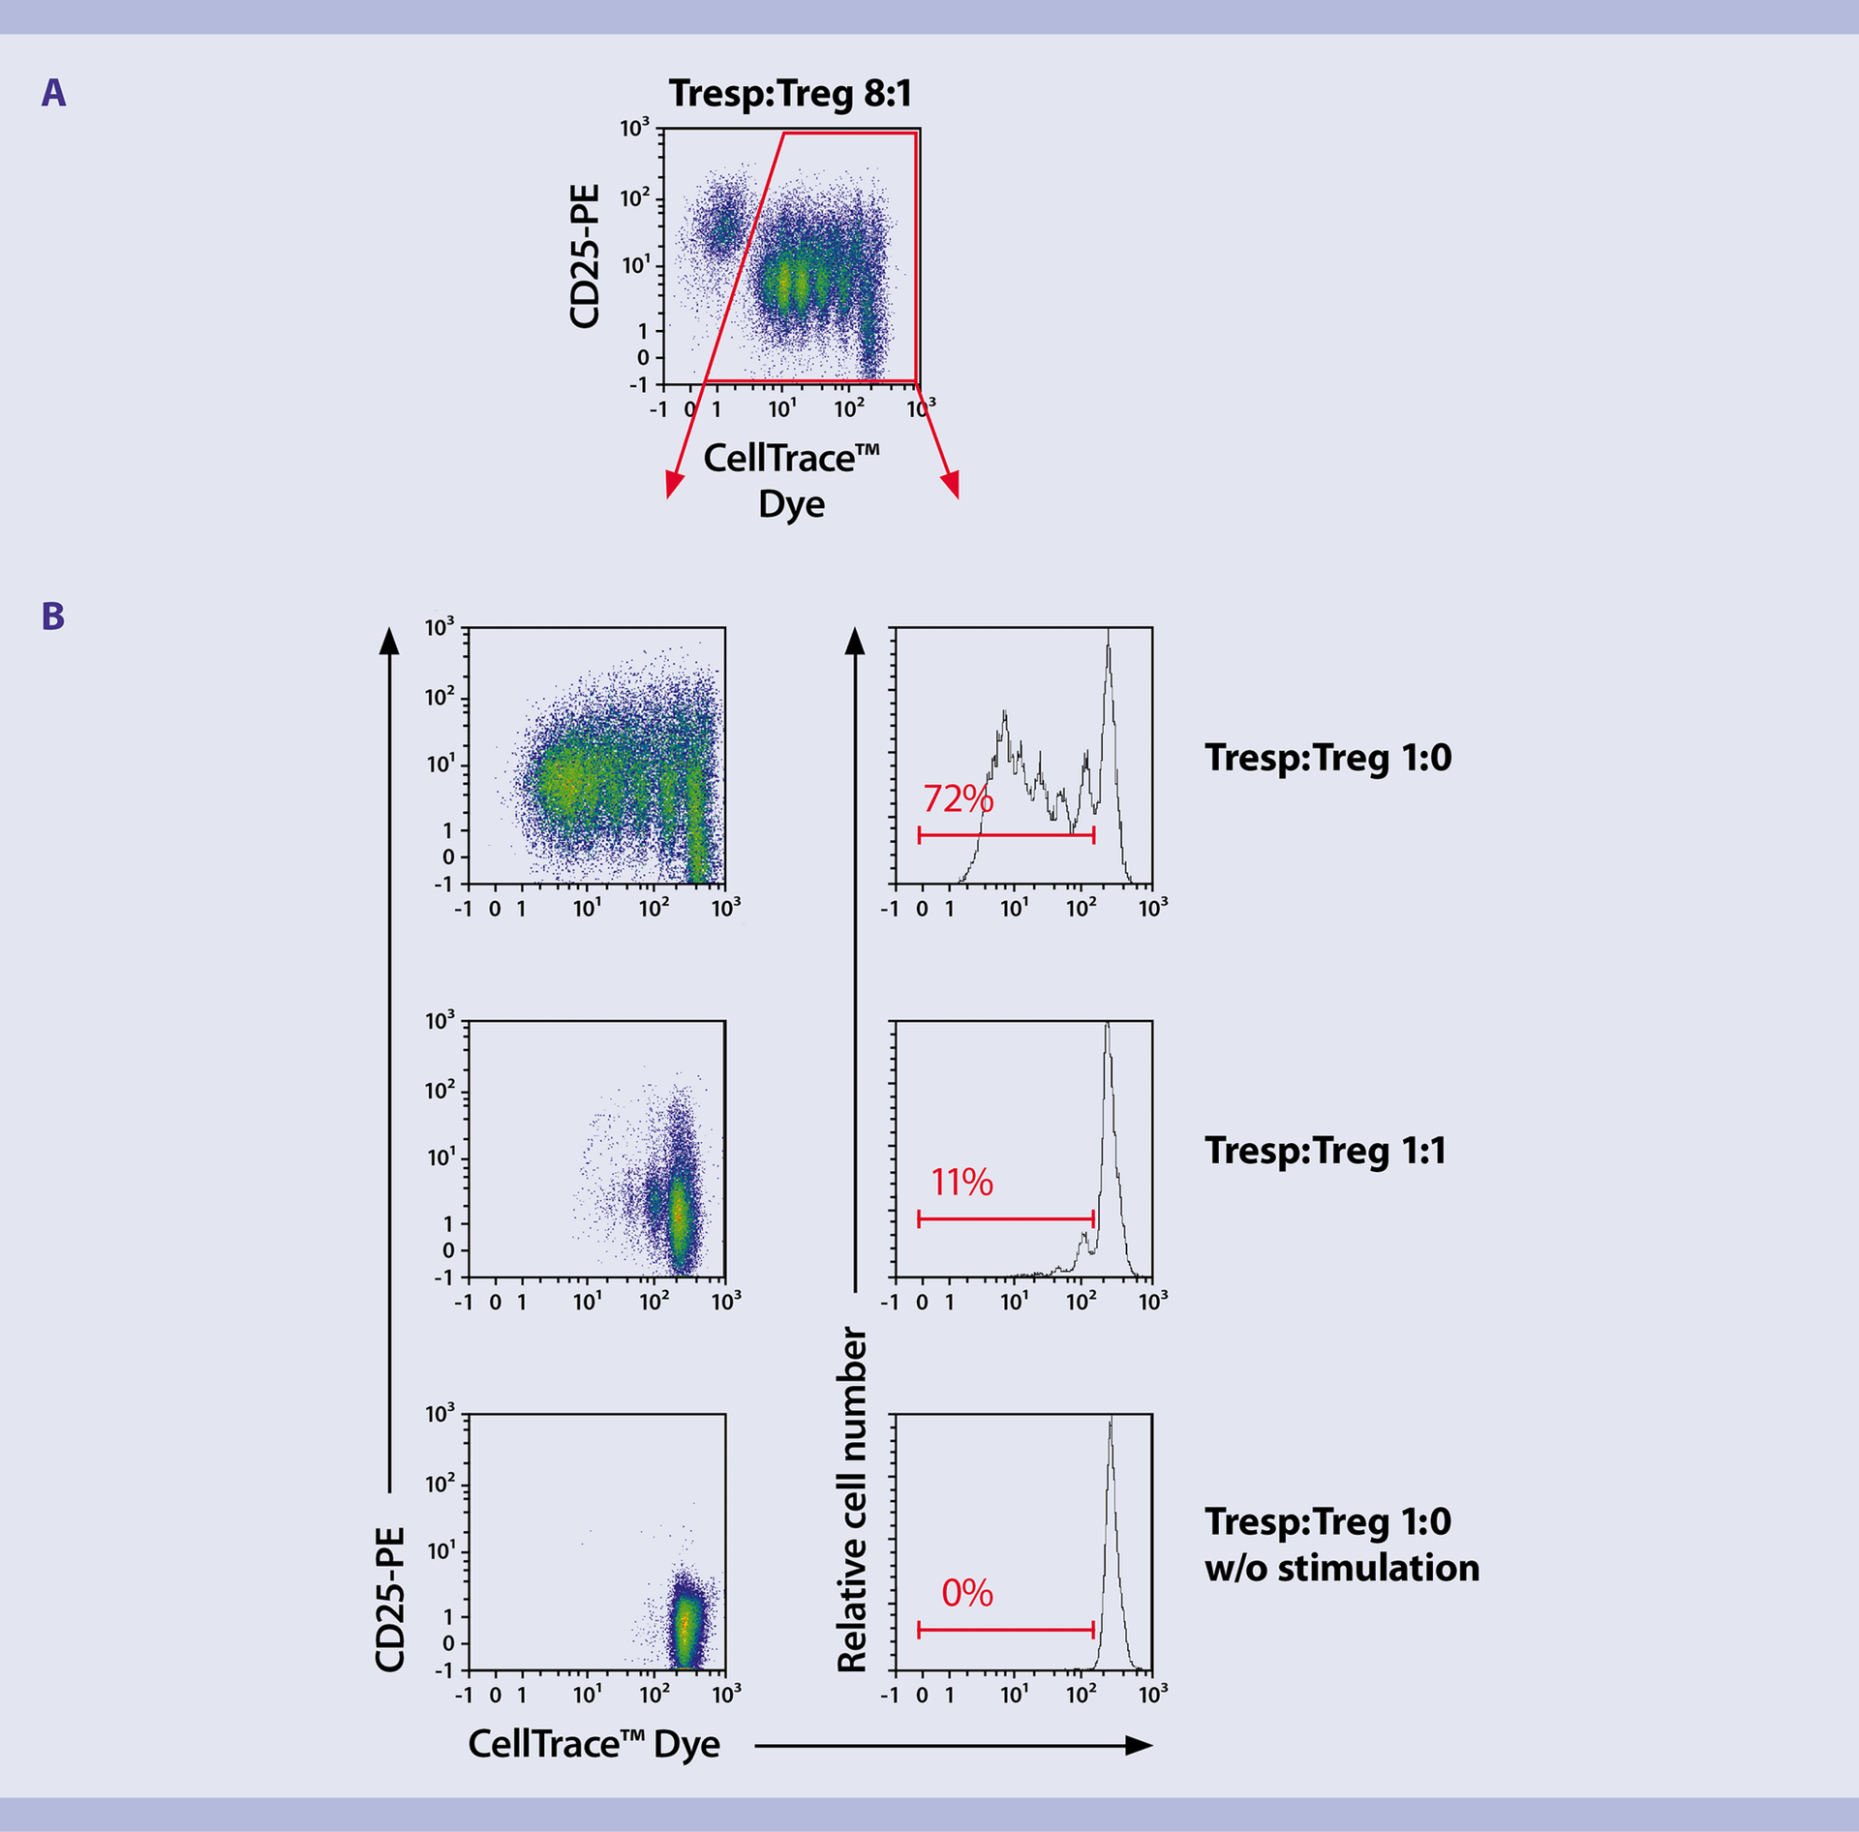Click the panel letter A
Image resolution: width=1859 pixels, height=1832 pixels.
point(54,93)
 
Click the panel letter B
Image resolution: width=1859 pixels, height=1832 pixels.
point(53,616)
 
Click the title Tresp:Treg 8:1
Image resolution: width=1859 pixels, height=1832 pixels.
point(790,94)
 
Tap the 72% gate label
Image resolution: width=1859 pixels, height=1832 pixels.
point(958,798)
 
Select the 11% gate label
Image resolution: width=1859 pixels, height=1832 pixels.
point(961,1182)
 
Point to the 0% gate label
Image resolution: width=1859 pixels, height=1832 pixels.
point(967,1592)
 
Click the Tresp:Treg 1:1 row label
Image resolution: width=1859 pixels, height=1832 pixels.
point(1326,1151)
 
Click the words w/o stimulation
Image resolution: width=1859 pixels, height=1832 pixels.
point(1342,1568)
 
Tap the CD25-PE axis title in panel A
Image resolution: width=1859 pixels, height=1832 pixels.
point(586,256)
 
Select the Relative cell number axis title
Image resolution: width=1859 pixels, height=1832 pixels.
point(852,1499)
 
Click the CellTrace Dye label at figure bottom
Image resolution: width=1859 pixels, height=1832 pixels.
point(594,1744)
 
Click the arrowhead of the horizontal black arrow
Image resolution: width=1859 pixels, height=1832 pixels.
point(1140,1745)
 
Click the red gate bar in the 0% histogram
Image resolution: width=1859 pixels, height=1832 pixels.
point(1005,1631)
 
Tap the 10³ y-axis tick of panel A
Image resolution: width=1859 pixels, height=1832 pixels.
point(634,128)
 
